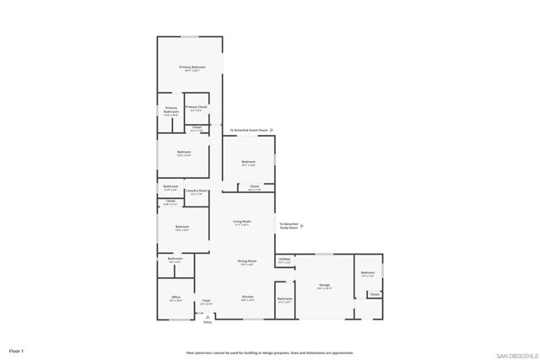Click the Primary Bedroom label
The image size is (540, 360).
(x=192, y=67)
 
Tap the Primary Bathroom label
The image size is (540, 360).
(x=171, y=110)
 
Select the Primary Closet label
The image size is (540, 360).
(x=197, y=107)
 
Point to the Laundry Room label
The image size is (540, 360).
(x=197, y=191)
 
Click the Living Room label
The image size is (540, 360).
(x=242, y=222)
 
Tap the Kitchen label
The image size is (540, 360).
(x=248, y=297)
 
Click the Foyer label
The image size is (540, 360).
(x=206, y=300)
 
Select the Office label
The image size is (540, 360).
(x=175, y=298)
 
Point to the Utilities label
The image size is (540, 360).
(x=284, y=259)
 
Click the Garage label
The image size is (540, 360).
(x=324, y=286)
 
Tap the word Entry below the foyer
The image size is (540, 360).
(x=208, y=322)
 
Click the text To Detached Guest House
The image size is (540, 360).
(x=249, y=131)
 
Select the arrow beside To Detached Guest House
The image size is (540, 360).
(x=272, y=131)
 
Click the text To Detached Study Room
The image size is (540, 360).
(x=289, y=225)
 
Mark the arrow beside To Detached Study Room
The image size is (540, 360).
(x=302, y=226)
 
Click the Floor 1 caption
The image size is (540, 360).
(x=17, y=350)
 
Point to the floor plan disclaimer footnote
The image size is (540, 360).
(x=270, y=352)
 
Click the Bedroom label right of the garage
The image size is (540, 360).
(x=367, y=272)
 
